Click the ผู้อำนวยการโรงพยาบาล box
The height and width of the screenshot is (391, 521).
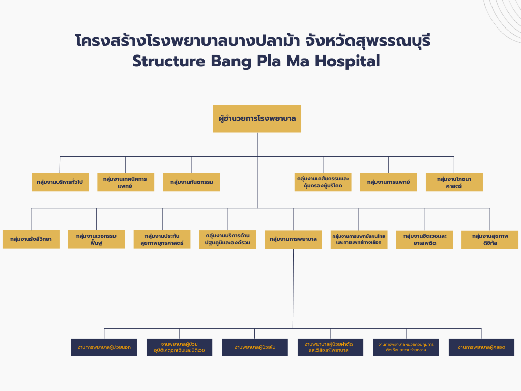tap(257, 119)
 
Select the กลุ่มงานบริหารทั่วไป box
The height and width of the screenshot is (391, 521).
tap(60, 182)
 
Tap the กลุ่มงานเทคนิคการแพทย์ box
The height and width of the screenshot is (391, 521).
tap(125, 182)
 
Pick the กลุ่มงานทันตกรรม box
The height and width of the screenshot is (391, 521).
tap(191, 182)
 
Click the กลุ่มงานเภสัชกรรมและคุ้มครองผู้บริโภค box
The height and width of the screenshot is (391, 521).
tap(323, 182)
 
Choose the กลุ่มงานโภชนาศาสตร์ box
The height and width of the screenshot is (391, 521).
tap(454, 182)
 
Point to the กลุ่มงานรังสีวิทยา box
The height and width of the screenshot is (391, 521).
tap(31, 239)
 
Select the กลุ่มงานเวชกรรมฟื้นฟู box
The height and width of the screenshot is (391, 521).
tap(96, 239)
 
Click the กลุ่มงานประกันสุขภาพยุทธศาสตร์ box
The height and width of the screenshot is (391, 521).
tap(162, 239)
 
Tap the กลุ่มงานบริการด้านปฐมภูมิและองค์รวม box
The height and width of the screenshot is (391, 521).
tap(227, 239)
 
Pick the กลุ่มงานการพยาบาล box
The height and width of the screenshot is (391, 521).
tap(293, 239)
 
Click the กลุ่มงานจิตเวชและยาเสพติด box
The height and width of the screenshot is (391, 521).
tap(424, 239)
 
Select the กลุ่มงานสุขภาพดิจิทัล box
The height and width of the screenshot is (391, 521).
tap(490, 239)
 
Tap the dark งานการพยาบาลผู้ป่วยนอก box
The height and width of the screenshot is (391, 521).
tap(104, 347)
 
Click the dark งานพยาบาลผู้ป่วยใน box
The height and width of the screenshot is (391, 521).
tap(255, 347)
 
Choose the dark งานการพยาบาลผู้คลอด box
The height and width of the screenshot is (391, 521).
tap(481, 347)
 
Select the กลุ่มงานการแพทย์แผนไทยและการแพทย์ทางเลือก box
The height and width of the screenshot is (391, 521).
tap(359, 239)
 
